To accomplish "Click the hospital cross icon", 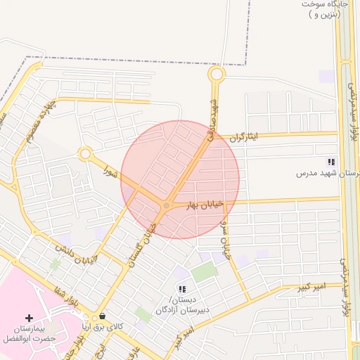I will (x=29, y=319).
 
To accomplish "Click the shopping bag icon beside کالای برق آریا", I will (x=103, y=316).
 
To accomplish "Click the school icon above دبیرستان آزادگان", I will (x=182, y=289).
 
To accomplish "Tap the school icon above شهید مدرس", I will (x=331, y=162).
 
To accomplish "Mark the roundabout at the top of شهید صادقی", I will (x=216, y=74).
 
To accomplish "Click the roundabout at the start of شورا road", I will (x=86, y=153).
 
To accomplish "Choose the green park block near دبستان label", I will (x=203, y=272).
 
